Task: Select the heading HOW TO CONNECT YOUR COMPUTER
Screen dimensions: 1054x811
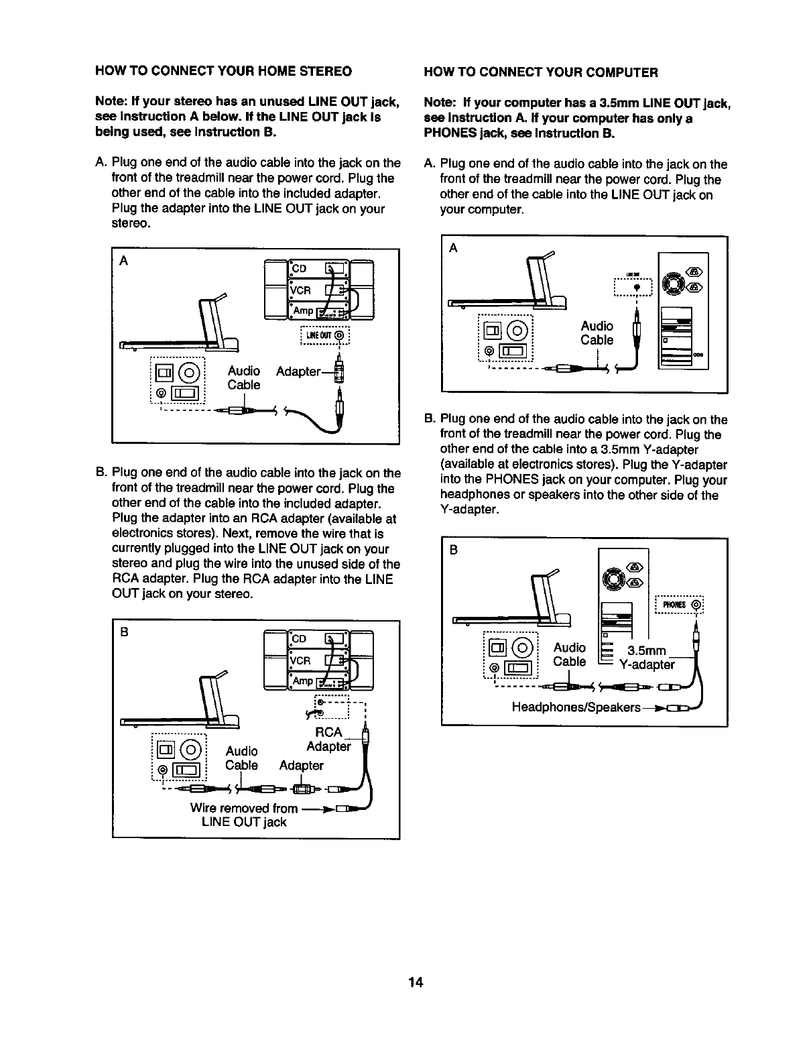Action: point(541,72)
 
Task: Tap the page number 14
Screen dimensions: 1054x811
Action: point(416,983)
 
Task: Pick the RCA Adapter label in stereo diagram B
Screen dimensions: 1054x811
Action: point(328,739)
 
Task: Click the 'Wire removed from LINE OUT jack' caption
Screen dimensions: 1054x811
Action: point(244,815)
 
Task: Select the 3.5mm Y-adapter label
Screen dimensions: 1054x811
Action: point(646,658)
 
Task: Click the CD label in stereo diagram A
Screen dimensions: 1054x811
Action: point(299,268)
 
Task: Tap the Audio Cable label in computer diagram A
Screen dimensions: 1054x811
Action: point(597,333)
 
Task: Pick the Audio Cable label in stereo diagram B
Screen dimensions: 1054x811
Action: point(241,758)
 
